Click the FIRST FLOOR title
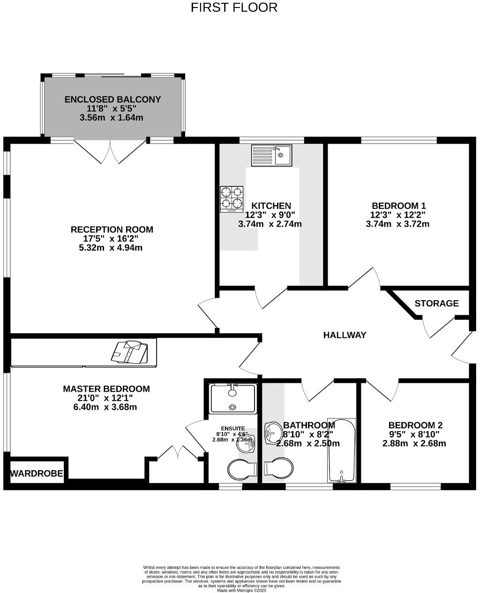coord(234,8)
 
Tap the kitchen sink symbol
coord(271,155)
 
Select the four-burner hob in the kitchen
coord(232,199)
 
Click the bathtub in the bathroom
coord(342,450)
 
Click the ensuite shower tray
coord(233,398)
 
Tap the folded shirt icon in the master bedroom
coord(129,352)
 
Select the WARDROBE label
coord(37,473)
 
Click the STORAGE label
coord(436,304)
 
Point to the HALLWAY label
coord(345,335)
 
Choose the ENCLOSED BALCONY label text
coord(112,99)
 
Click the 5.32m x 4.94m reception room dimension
coord(111,247)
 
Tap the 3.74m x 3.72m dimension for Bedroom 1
coord(397,224)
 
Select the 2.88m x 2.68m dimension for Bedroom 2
coord(414,443)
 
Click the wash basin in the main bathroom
coord(272,432)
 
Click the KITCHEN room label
coord(271,206)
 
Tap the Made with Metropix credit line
coord(241,590)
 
